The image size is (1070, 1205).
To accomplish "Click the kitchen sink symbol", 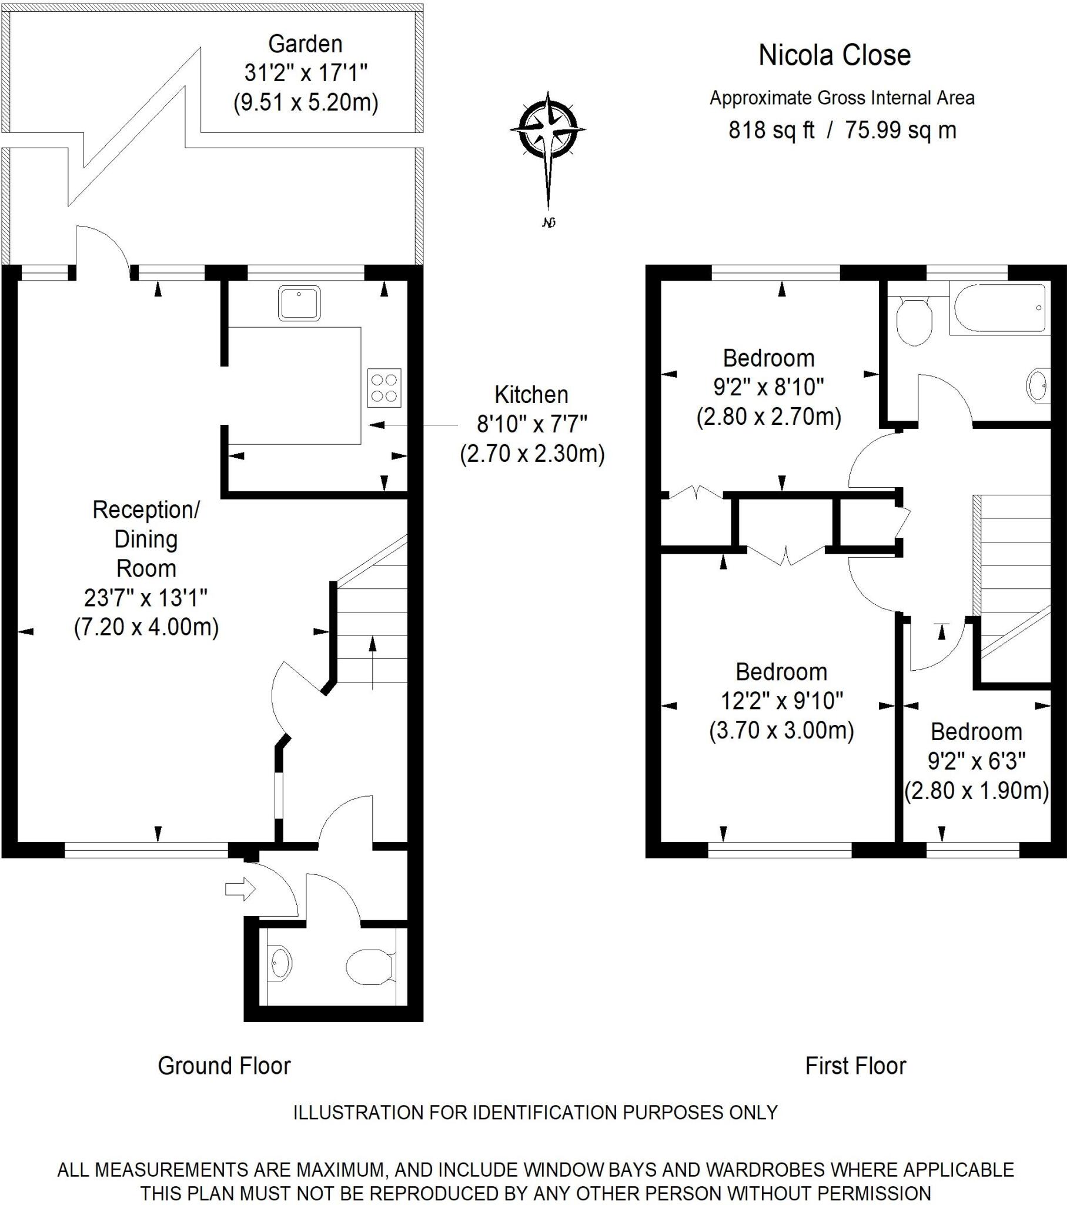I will (299, 303).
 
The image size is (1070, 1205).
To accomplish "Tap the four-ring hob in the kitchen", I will (384, 388).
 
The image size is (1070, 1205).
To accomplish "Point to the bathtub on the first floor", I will (999, 308).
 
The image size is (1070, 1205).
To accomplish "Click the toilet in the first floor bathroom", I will (914, 322).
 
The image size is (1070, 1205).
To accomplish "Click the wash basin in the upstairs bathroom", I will (1038, 387).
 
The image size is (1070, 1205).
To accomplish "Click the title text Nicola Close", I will (834, 55).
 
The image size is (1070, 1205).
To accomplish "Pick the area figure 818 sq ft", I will (771, 130).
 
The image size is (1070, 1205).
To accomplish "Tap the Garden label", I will (305, 44).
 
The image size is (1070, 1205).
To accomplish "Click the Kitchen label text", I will (531, 395).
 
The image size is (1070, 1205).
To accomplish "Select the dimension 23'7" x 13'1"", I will (146, 598).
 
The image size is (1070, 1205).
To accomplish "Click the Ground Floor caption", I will (225, 1066).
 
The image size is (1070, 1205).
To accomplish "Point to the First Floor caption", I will (855, 1066).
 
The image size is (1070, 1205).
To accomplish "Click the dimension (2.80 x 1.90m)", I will (977, 791).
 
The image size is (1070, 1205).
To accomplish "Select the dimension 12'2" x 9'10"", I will (782, 701).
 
